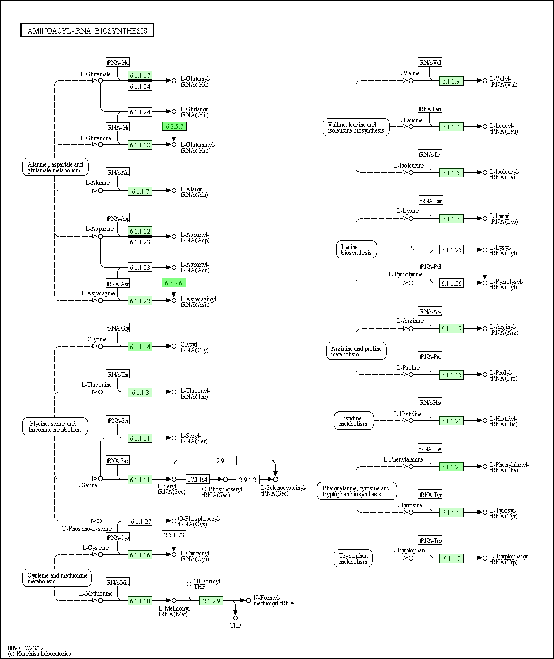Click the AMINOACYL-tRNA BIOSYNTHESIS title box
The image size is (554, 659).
click(x=87, y=30)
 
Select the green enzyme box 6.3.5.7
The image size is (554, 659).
click(x=174, y=126)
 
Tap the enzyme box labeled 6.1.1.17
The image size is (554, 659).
click(x=140, y=75)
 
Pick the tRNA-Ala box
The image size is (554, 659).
click(x=118, y=172)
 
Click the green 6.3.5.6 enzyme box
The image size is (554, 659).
click(x=174, y=283)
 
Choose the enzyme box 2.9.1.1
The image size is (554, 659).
click(x=224, y=460)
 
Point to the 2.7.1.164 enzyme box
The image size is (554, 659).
click(x=198, y=479)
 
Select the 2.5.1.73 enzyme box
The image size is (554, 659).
click(x=174, y=535)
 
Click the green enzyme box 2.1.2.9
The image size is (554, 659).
click(x=211, y=601)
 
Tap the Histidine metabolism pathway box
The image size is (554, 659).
click(x=353, y=421)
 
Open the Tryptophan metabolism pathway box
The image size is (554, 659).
click(x=353, y=558)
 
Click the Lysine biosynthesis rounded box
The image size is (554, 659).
click(x=356, y=250)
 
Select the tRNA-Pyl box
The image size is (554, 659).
click(x=430, y=266)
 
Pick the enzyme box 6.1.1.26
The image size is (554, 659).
click(x=451, y=283)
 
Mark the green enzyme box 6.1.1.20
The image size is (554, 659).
click(x=451, y=467)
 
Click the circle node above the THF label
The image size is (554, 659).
click(x=235, y=618)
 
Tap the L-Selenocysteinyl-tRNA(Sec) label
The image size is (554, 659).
click(x=283, y=490)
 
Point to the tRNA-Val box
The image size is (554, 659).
click(x=430, y=62)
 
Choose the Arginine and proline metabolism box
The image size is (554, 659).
click(x=356, y=351)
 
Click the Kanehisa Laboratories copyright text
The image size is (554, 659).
click(x=39, y=654)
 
